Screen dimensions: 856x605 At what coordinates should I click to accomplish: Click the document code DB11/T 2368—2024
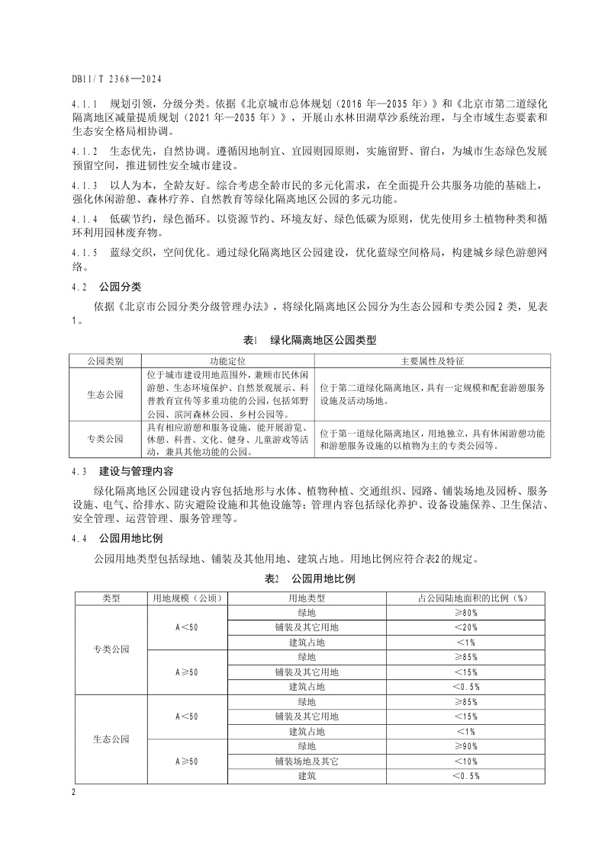coord(117,79)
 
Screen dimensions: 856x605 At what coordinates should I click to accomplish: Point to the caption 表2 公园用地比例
coord(309,579)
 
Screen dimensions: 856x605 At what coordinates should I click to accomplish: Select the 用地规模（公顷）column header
coord(186,598)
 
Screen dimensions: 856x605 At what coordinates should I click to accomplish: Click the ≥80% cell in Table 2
coord(465,613)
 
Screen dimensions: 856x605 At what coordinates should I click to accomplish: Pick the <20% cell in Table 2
coord(465,627)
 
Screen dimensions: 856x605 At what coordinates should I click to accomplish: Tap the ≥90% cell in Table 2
coord(465,746)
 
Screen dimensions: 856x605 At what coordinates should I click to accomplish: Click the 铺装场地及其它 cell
coord(307,761)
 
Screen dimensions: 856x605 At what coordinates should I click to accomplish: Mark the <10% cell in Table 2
coord(465,761)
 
